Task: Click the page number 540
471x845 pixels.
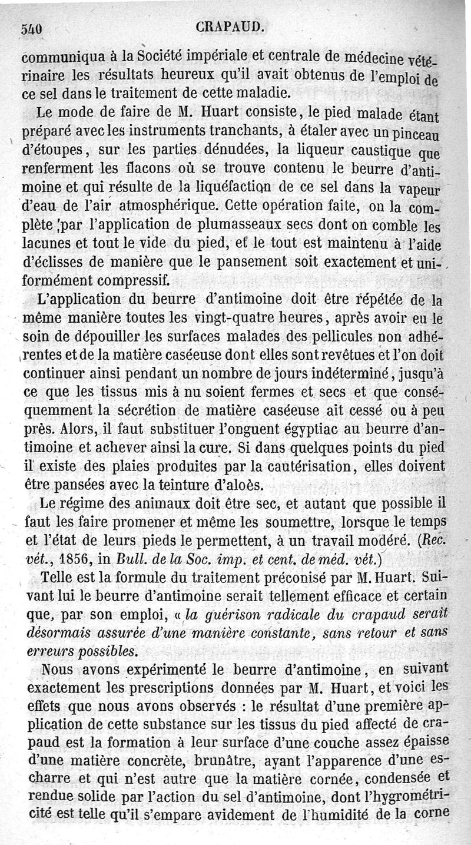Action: [32, 29]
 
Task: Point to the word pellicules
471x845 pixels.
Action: [315, 337]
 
